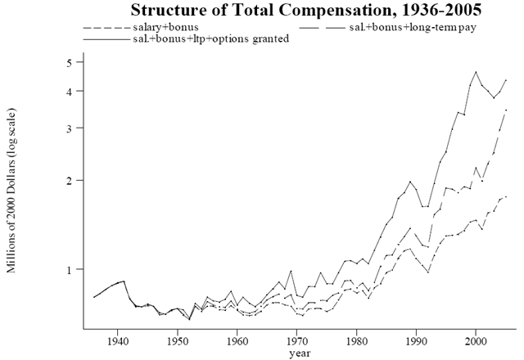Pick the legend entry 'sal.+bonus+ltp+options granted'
(x=210, y=39)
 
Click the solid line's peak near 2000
(x=476, y=72)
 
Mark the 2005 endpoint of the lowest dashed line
(x=507, y=196)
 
